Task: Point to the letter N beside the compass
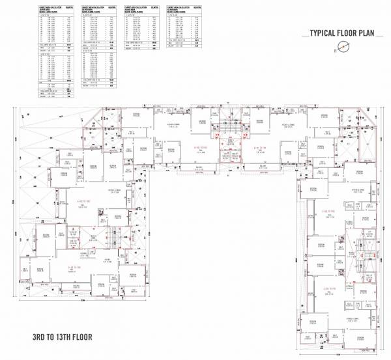pyautogui.click(x=334, y=49)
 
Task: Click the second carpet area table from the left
pyautogui.click(x=100, y=46)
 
